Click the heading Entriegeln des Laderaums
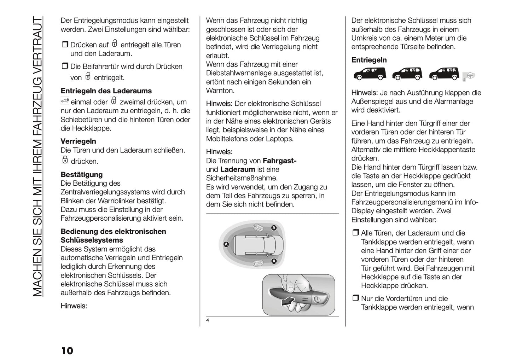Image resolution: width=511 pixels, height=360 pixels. pyautogui.click(x=106, y=91)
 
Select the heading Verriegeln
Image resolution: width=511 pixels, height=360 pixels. pyautogui.click(x=78, y=141)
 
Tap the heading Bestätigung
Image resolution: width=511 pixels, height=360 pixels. pyautogui.click(x=81, y=174)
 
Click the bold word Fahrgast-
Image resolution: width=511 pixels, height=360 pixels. pyautogui.click(x=279, y=161)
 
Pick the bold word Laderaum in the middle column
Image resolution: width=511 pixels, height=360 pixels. pyautogui.click(x=237, y=170)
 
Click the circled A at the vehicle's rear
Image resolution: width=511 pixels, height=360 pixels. pyautogui.click(x=226, y=244)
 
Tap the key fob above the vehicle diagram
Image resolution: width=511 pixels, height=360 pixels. pyautogui.click(x=257, y=228)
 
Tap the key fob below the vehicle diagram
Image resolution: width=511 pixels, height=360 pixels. pyautogui.click(x=257, y=263)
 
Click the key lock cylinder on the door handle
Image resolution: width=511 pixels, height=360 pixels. pyautogui.click(x=318, y=300)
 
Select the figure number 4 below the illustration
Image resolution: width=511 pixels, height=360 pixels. pyautogui.click(x=208, y=321)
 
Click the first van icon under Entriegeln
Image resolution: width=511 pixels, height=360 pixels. pyautogui.click(x=370, y=74)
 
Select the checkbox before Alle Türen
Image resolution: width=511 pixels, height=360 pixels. pyautogui.click(x=355, y=233)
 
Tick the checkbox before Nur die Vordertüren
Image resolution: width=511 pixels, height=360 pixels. pyautogui.click(x=355, y=298)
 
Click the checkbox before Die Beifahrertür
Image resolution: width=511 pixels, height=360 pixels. pyautogui.click(x=64, y=66)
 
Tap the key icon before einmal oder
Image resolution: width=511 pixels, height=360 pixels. pyautogui.click(x=64, y=101)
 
